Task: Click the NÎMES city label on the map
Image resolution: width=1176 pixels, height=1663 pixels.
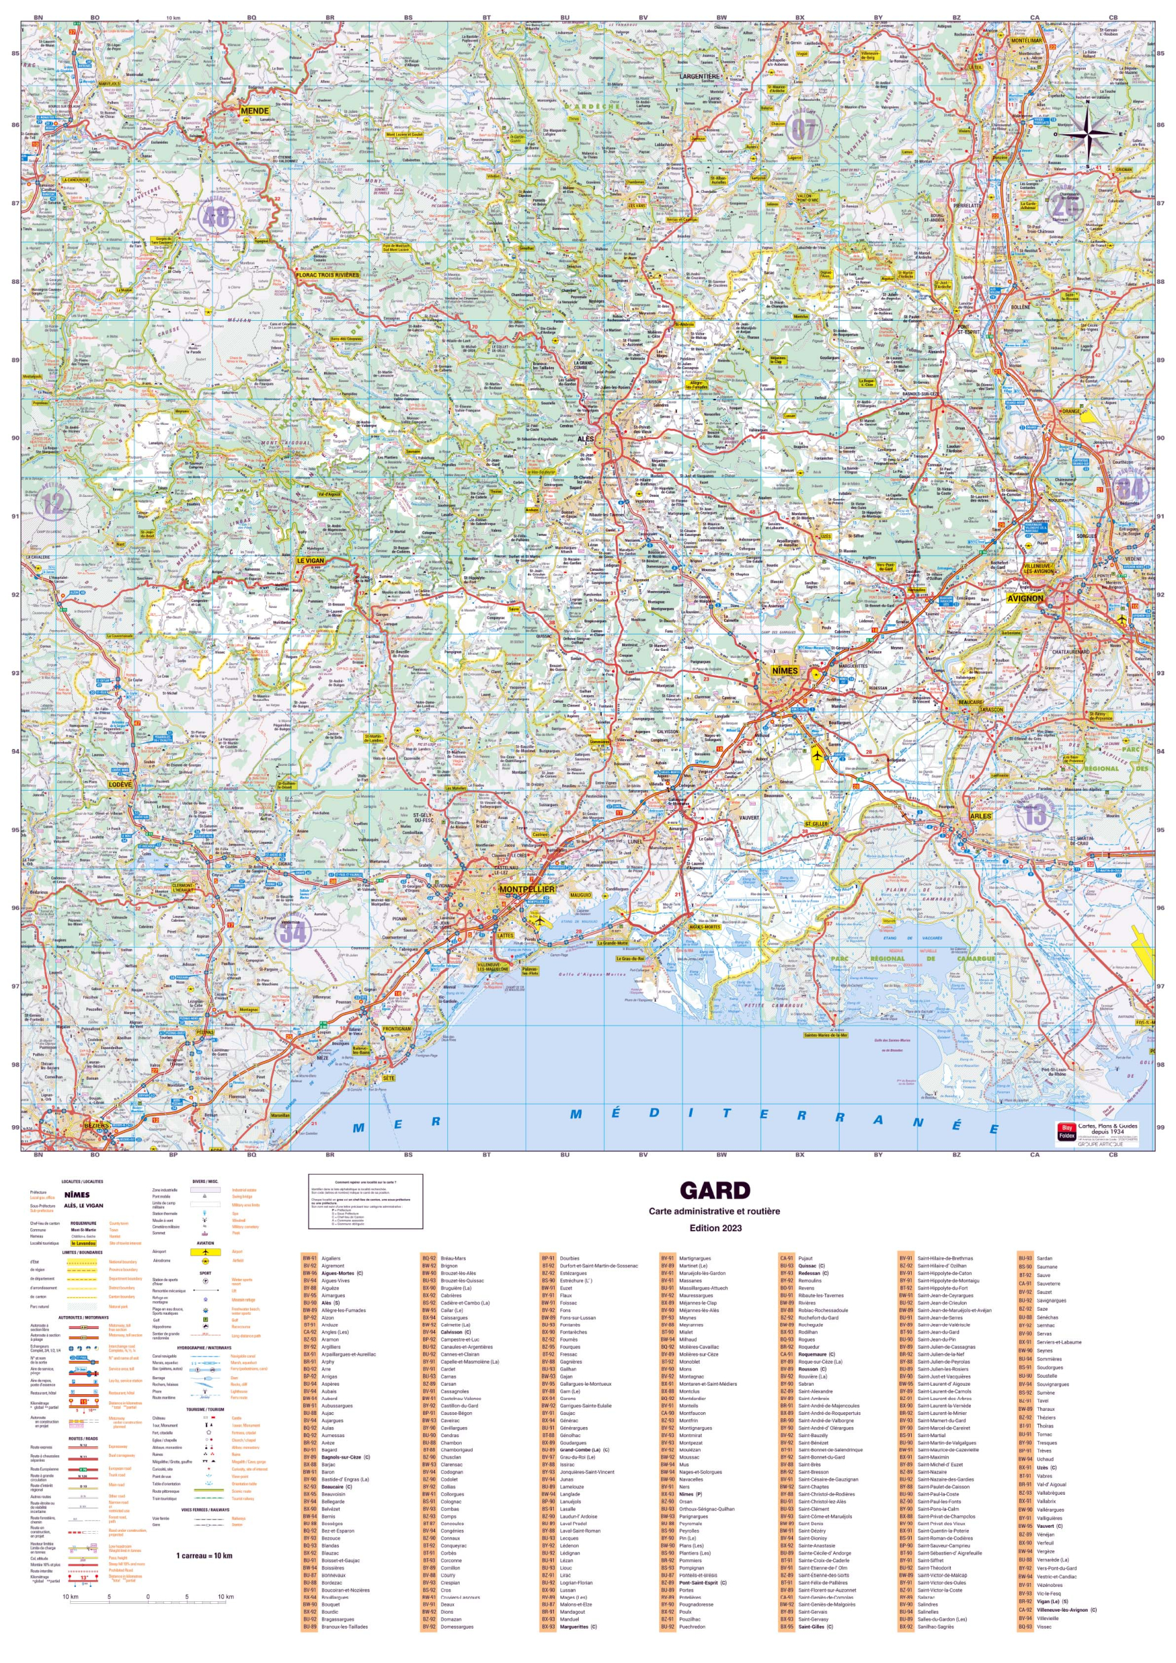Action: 784,670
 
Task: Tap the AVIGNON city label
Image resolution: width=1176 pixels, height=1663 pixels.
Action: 1025,598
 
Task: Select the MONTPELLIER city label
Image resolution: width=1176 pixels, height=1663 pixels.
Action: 527,889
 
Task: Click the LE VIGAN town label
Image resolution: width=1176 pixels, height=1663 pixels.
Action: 310,561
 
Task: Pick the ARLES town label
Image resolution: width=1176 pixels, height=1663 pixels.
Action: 981,815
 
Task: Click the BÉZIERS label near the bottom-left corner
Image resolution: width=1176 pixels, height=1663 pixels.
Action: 96,1126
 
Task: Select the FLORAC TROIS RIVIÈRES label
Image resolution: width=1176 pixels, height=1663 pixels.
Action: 327,275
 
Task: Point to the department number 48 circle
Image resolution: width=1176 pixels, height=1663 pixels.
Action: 216,215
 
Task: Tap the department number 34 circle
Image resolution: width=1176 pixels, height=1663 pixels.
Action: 293,932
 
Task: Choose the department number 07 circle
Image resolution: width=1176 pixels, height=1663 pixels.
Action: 803,131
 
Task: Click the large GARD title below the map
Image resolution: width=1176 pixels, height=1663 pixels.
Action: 714,1191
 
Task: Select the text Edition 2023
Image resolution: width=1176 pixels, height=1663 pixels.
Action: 715,1228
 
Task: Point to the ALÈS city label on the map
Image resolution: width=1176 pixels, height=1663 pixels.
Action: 585,439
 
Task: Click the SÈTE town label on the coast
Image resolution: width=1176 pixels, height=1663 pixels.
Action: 389,1078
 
